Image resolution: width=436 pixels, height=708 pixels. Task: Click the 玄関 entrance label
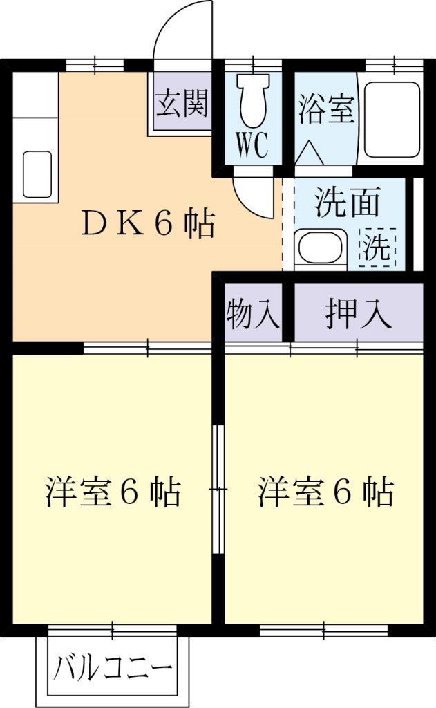[x=182, y=104]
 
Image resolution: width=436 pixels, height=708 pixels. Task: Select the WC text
[x=253, y=145]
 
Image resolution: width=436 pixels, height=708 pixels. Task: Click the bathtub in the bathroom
[x=392, y=120]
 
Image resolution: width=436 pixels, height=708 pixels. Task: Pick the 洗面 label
[x=347, y=203]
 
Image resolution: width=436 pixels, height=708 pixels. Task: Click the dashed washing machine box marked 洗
[x=377, y=247]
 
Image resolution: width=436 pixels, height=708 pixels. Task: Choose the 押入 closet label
[x=359, y=313]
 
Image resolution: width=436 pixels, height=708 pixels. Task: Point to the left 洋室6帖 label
[x=113, y=492]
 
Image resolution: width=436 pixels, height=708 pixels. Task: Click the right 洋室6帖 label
[x=326, y=492]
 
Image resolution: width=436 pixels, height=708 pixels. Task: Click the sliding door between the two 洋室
[x=218, y=489]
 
